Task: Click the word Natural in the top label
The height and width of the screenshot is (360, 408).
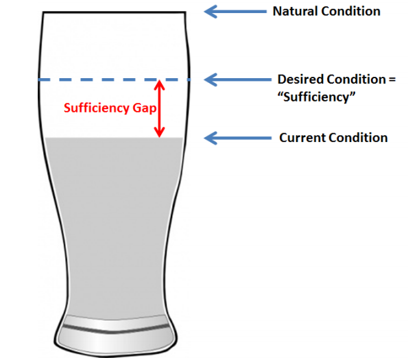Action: (295, 12)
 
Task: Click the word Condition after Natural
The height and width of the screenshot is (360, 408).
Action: (351, 12)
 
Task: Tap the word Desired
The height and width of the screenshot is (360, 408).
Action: (300, 80)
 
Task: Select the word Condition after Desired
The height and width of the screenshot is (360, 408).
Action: (356, 80)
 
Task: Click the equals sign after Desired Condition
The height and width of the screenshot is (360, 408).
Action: (392, 80)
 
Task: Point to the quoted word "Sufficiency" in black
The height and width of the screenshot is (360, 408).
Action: (316, 97)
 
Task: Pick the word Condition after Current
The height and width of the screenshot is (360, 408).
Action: (358, 138)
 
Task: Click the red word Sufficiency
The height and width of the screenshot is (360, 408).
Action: (97, 108)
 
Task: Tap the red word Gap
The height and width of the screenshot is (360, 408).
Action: (145, 108)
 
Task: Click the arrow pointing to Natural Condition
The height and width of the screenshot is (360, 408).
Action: (235, 12)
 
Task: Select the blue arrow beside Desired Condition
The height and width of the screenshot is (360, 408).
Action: (237, 80)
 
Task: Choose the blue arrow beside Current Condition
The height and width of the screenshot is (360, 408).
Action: (237, 138)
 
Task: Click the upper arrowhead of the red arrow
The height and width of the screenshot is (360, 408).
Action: (159, 84)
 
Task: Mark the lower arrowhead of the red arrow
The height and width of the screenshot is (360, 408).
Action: (159, 132)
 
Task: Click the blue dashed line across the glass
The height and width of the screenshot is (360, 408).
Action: (115, 80)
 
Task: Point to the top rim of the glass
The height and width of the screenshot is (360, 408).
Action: (115, 12)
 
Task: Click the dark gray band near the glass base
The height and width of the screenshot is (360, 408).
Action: (116, 329)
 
